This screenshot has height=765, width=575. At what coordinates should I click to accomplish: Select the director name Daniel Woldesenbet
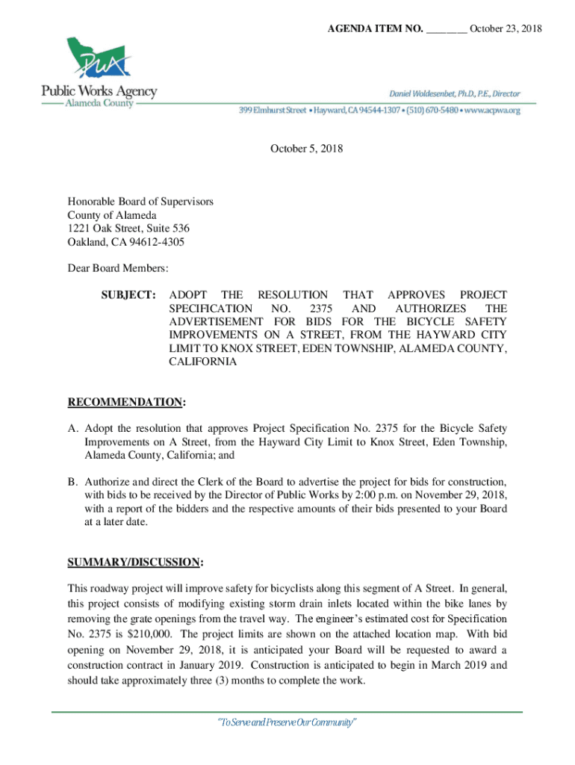tap(430, 93)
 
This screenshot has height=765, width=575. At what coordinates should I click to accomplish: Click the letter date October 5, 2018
tap(306, 149)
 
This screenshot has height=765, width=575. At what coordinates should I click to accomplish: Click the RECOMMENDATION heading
tap(125, 403)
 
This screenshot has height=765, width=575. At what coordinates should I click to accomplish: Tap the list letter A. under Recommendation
tap(73, 429)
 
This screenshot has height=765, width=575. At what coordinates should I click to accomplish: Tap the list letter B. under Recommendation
tap(73, 482)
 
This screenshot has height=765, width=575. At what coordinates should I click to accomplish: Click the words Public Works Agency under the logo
tap(99, 91)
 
